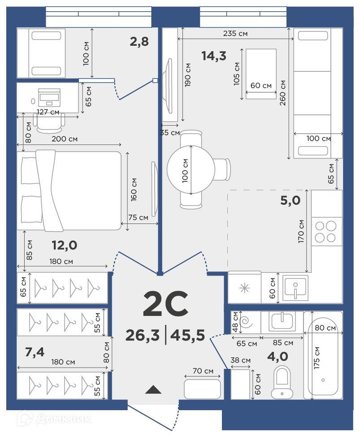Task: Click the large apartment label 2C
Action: [x=165, y=303]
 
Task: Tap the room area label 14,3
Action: [x=214, y=56]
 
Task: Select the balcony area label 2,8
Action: [x=139, y=42]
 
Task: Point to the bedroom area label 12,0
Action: [x=65, y=245]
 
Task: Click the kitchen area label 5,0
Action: [x=290, y=200]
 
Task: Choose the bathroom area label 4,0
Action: [x=278, y=356]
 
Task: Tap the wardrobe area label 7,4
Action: [x=35, y=352]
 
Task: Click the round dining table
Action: [x=191, y=170]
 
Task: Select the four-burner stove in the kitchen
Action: [x=325, y=232]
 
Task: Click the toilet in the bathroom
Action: [x=282, y=382]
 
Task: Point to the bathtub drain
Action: [x=323, y=380]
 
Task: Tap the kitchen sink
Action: [x=295, y=288]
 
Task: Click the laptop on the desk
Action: [x=49, y=97]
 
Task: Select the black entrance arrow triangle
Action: [x=153, y=390]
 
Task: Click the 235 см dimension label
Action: [x=235, y=34]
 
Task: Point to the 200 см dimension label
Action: [x=65, y=139]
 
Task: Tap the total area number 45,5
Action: [x=187, y=335]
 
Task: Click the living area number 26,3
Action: [x=142, y=335]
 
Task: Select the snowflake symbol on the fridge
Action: [x=245, y=288]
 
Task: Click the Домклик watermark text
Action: [x=64, y=419]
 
